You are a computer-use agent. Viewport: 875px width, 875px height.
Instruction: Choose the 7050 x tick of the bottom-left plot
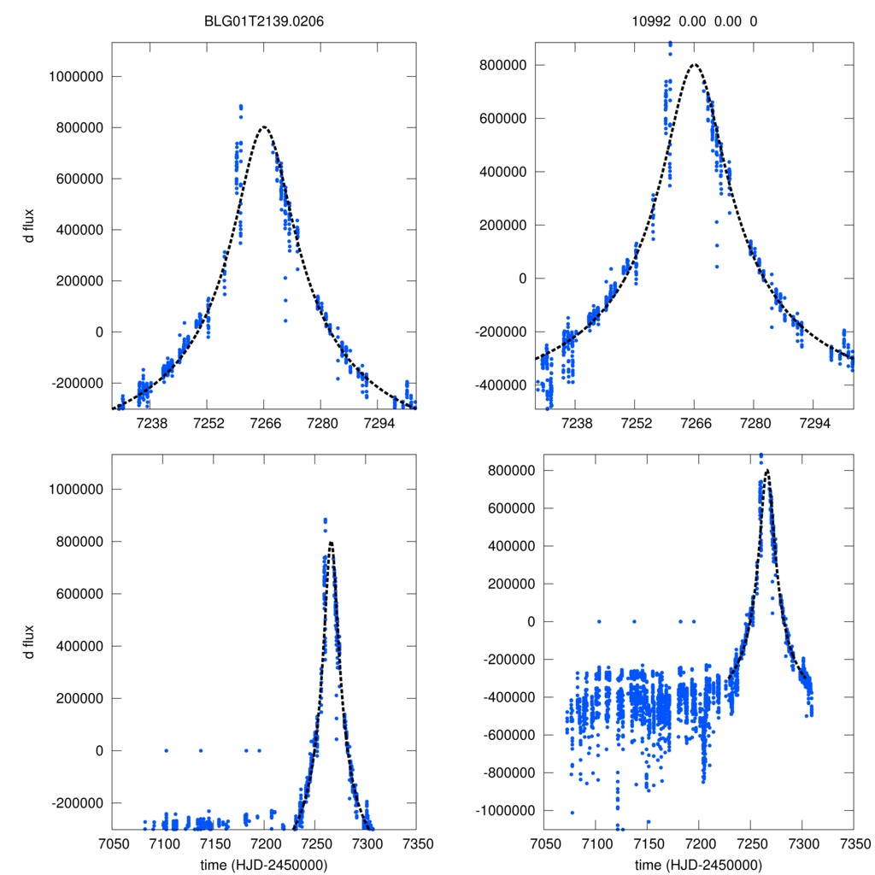click(x=112, y=843)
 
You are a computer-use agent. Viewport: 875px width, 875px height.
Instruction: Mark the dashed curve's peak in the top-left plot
click(x=264, y=126)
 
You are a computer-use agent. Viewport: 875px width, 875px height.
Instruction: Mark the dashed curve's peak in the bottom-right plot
click(x=767, y=470)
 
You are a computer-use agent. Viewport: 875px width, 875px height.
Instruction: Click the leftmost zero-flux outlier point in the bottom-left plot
click(x=166, y=750)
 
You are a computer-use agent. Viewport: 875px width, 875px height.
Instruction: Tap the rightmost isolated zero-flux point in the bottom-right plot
click(x=693, y=621)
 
